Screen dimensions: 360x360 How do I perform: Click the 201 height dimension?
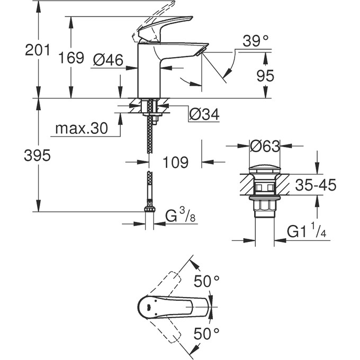point(38,50)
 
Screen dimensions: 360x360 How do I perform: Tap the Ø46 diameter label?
point(108,60)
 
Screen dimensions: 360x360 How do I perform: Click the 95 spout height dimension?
point(265,76)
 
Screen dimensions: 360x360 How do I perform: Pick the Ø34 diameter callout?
point(204,114)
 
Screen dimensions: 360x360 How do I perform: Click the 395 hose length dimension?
point(38,156)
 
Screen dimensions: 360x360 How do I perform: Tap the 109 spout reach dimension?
point(176,163)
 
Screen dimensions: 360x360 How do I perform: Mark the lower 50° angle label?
point(206,334)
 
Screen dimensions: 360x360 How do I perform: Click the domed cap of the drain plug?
point(265,170)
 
